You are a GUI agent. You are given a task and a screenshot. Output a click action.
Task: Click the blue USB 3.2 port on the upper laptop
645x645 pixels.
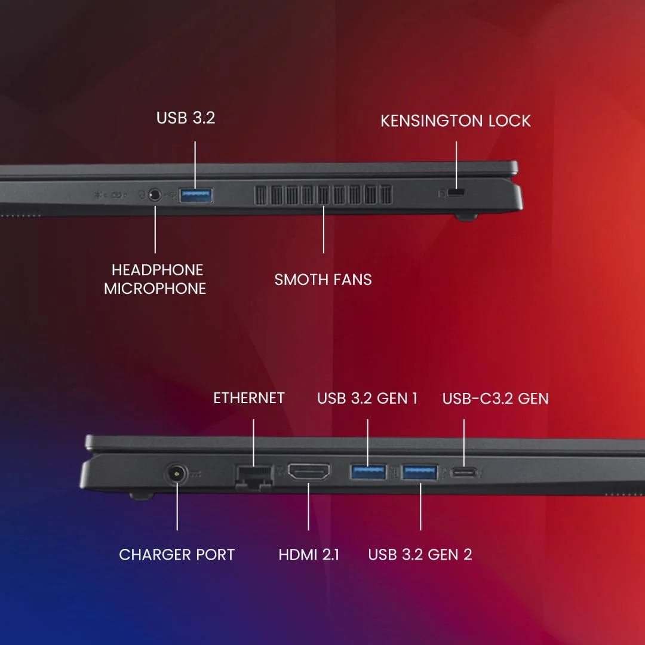pyautogui.click(x=196, y=195)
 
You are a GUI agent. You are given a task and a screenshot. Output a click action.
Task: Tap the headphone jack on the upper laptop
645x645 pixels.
pyautogui.click(x=155, y=195)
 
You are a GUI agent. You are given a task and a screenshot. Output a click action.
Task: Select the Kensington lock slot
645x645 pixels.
pyautogui.click(x=457, y=193)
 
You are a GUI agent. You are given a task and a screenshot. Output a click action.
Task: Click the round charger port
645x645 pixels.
pyautogui.click(x=177, y=475)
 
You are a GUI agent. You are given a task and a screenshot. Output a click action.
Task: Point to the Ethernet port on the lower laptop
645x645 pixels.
pyautogui.click(x=254, y=477)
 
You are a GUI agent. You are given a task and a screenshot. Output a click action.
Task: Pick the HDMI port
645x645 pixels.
pyautogui.click(x=309, y=472)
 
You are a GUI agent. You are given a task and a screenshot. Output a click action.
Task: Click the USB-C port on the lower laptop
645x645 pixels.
pyautogui.click(x=465, y=472)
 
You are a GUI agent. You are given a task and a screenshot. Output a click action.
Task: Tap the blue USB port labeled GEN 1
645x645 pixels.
pyautogui.click(x=367, y=472)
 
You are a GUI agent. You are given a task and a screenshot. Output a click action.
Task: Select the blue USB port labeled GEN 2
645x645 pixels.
pyautogui.click(x=420, y=472)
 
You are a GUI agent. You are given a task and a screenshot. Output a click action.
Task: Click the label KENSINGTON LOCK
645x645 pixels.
pyautogui.click(x=456, y=121)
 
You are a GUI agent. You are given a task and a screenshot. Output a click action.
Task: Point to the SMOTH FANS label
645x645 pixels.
pyautogui.click(x=323, y=279)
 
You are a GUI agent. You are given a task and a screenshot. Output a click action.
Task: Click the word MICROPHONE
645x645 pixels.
pyautogui.click(x=155, y=288)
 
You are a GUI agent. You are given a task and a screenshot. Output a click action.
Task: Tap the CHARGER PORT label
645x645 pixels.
pyautogui.click(x=177, y=555)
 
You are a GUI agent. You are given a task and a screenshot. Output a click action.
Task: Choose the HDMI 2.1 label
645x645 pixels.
pyautogui.click(x=309, y=555)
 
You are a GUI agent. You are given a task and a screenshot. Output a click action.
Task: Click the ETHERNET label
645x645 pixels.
pyautogui.click(x=249, y=398)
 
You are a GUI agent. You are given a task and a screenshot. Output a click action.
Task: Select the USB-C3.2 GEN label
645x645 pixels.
pyautogui.click(x=495, y=398)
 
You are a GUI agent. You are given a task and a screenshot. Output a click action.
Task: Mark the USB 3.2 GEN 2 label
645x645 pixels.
pyautogui.click(x=420, y=555)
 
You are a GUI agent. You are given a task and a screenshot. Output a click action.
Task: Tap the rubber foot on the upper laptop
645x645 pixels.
pyautogui.click(x=467, y=217)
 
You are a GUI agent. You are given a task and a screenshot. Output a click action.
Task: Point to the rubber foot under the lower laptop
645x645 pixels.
pyautogui.click(x=142, y=495)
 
